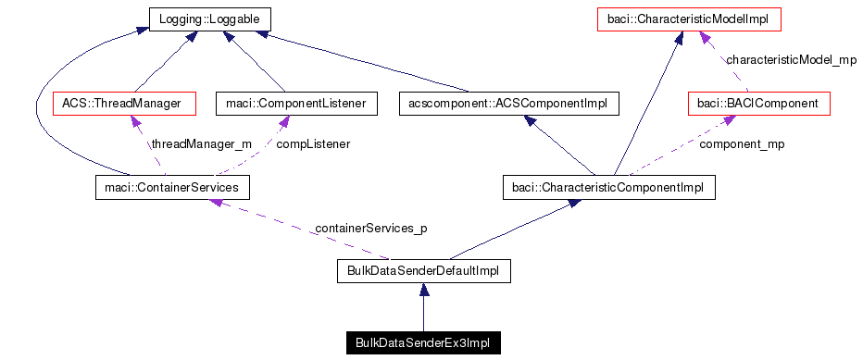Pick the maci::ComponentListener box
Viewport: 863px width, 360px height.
[295, 103]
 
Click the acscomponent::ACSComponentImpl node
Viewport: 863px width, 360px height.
[507, 103]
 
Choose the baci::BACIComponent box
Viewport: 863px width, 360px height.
[758, 103]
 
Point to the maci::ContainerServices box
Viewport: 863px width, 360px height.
[172, 188]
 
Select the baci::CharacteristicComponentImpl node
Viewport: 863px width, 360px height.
[607, 188]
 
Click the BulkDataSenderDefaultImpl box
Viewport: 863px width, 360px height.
[422, 272]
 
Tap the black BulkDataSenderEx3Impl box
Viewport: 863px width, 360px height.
[422, 343]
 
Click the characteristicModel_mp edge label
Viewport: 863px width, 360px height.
[791, 60]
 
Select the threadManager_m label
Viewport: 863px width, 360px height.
[201, 144]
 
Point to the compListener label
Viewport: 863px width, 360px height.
[314, 144]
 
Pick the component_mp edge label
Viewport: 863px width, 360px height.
[741, 144]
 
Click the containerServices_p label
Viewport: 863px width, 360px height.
[370, 227]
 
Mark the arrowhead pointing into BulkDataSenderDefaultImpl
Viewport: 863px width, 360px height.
[422, 291]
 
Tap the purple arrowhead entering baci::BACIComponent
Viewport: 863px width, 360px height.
[717, 120]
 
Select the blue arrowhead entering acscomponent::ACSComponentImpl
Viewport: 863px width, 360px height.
[531, 121]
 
